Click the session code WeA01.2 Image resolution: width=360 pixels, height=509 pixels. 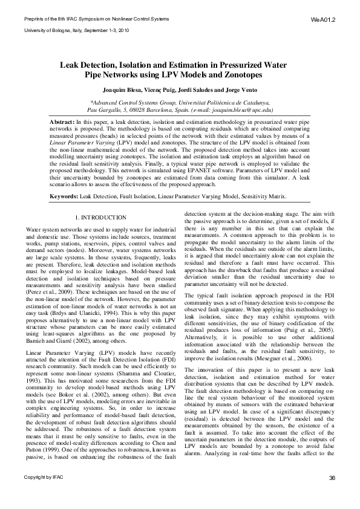tap(323, 19)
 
